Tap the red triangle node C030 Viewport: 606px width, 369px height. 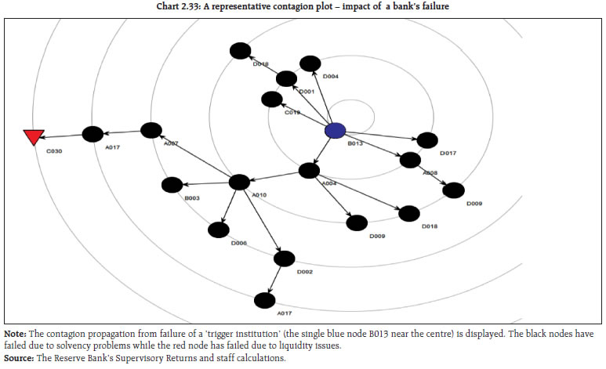32,137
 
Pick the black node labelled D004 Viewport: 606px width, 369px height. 310,63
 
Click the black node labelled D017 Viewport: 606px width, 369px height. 427,140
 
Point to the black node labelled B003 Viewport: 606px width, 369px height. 172,185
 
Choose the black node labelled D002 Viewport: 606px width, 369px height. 284,259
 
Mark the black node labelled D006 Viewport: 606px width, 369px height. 219,230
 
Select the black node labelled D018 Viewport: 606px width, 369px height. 408,213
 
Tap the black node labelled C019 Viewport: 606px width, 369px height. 272,99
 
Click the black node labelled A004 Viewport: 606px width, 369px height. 310,170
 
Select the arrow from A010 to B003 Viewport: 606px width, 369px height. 205,183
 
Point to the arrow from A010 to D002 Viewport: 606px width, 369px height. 261,220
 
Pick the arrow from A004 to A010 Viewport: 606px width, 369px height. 274,176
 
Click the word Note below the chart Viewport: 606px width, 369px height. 14,335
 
